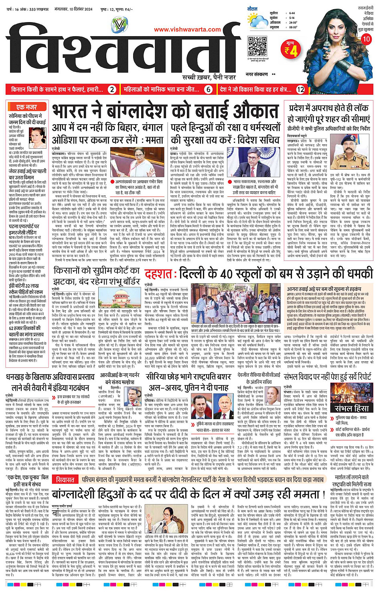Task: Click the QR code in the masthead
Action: pyautogui.click(x=257, y=46)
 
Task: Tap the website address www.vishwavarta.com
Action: pyautogui.click(x=187, y=29)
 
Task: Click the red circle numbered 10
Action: pyautogui.click(x=366, y=39)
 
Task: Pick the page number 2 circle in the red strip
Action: pyautogui.click(x=112, y=90)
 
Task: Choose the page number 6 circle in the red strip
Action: pyautogui.click(x=209, y=90)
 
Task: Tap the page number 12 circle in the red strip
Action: pyautogui.click(x=300, y=90)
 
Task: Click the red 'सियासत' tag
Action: pyautogui.click(x=65, y=479)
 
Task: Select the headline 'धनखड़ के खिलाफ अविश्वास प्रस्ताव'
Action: pyautogui.click(x=50, y=377)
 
